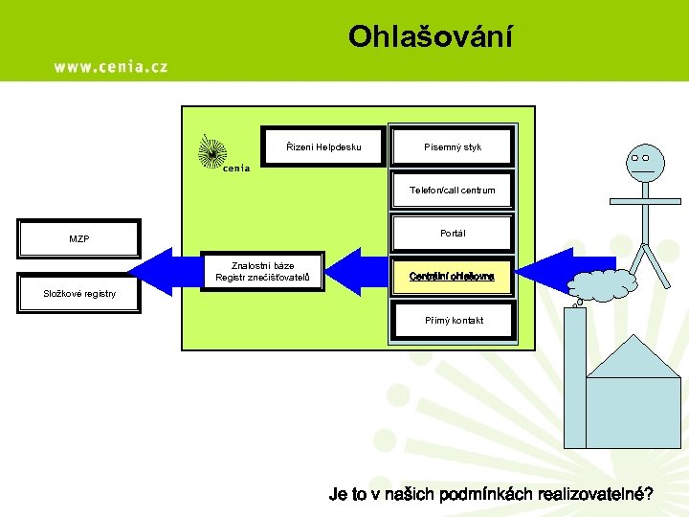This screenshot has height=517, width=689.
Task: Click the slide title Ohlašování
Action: (x=430, y=36)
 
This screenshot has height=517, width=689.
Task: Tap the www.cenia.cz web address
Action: (x=110, y=66)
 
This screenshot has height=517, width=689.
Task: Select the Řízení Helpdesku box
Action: (x=323, y=146)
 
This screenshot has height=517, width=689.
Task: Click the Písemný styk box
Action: (x=453, y=146)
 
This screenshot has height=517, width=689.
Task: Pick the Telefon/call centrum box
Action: (x=453, y=190)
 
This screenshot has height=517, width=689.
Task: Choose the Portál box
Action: (x=453, y=233)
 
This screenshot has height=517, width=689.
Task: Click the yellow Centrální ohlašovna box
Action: (x=453, y=276)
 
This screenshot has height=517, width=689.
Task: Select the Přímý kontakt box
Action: (x=453, y=320)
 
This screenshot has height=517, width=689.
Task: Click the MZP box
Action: (x=79, y=238)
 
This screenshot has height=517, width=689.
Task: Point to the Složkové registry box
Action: (x=79, y=293)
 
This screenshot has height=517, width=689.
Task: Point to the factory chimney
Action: (x=577, y=364)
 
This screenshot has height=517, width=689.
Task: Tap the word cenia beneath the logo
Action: (x=235, y=169)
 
